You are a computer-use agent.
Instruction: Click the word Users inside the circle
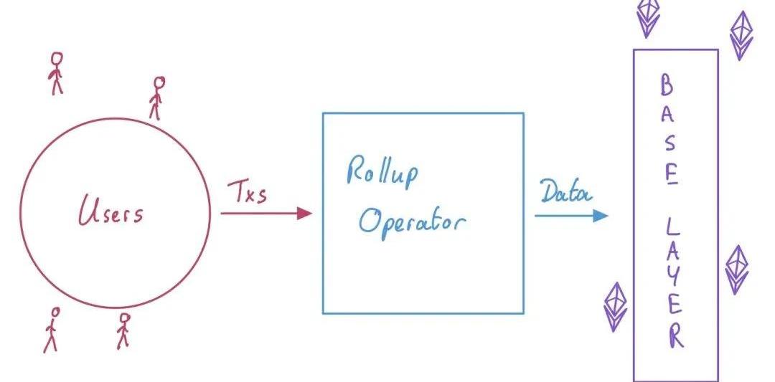click(x=111, y=212)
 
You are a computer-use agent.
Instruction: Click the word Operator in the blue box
click(x=412, y=221)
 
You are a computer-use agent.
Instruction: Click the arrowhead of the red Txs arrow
click(x=304, y=213)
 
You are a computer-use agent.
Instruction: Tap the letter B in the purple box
click(x=667, y=87)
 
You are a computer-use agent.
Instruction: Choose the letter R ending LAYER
click(x=675, y=336)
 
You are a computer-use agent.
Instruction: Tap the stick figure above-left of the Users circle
click(x=56, y=72)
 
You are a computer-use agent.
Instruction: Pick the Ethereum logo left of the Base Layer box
click(x=616, y=306)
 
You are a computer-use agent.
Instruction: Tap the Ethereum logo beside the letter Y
click(x=736, y=269)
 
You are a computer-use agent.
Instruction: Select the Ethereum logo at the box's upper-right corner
click(x=741, y=34)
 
